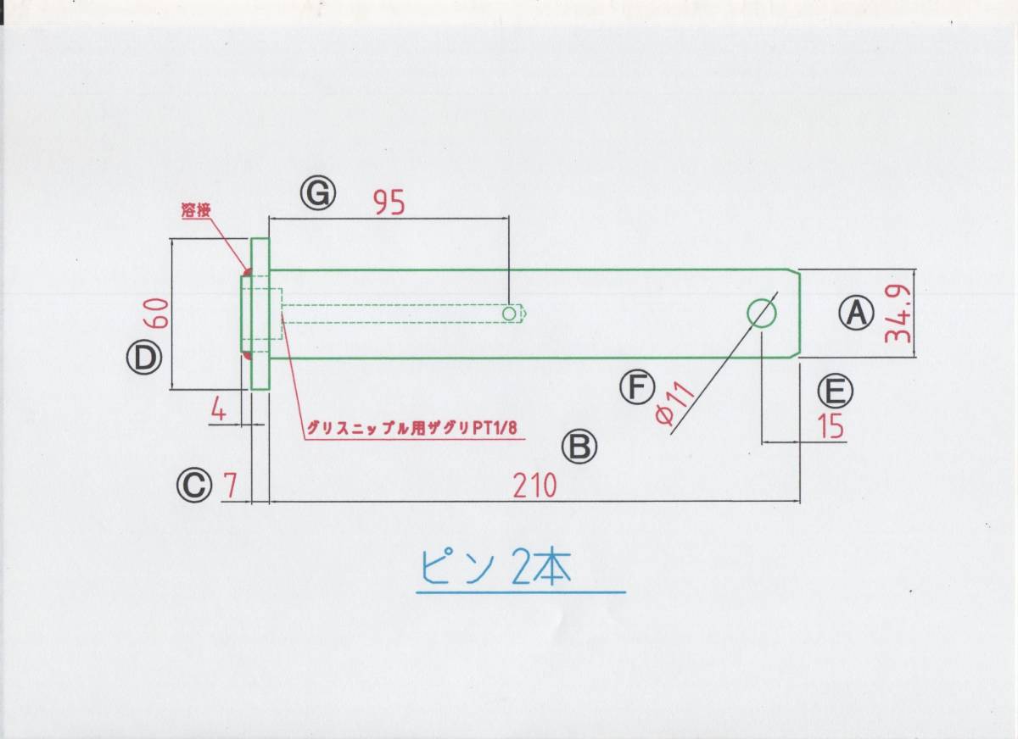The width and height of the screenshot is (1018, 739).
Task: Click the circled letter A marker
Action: click(856, 313)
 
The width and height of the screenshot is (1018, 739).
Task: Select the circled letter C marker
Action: click(194, 486)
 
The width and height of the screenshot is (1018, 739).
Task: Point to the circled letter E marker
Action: click(835, 391)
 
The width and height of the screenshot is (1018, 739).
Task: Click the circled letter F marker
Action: click(637, 387)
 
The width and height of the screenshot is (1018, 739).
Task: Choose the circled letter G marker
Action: click(318, 194)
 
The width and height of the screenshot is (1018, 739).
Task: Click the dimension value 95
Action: click(389, 202)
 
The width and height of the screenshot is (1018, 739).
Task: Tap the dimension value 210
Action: click(534, 486)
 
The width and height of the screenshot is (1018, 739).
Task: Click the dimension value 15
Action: click(831, 427)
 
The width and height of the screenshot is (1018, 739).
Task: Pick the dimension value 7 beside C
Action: click(229, 486)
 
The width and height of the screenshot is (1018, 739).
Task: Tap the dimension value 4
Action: click(218, 411)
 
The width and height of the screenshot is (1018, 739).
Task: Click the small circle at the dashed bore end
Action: click(509, 314)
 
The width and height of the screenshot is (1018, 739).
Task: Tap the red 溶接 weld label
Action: click(195, 211)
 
